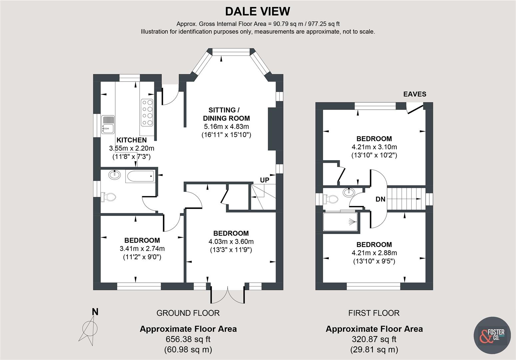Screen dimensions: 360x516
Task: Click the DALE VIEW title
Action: (x=258, y=11)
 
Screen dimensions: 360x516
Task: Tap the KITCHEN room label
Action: (x=131, y=140)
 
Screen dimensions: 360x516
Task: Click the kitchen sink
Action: (x=108, y=124)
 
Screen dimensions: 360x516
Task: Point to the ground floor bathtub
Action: (x=140, y=176)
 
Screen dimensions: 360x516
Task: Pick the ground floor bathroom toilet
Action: (x=109, y=197)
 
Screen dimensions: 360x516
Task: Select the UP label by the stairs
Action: (x=264, y=180)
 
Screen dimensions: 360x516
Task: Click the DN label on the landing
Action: (x=380, y=199)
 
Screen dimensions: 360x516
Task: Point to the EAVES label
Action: (x=415, y=94)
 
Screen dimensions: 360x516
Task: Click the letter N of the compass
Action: (x=95, y=312)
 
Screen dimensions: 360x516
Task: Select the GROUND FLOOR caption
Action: (x=188, y=313)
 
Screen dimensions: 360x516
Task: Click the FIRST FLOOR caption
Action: (x=374, y=313)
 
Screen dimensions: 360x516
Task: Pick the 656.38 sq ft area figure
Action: (x=188, y=339)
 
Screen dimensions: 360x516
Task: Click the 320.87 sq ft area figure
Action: (x=374, y=339)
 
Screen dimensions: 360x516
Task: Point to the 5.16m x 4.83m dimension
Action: (x=226, y=127)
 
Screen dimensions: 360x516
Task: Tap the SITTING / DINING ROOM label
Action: (x=226, y=114)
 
